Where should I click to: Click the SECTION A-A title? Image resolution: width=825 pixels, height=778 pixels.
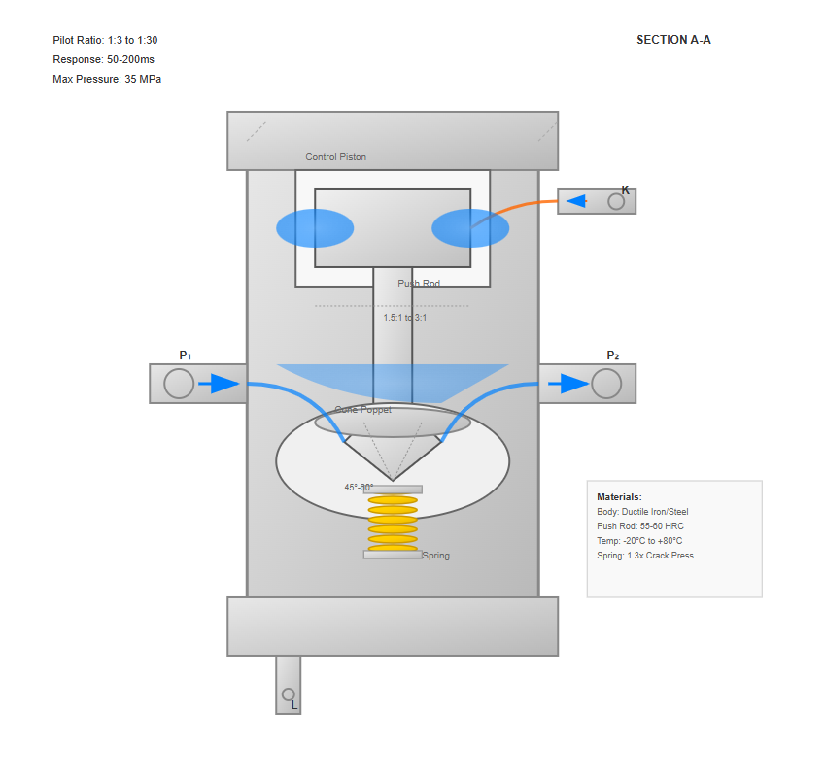click(673, 40)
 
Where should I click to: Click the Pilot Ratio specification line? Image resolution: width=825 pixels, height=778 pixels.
click(105, 40)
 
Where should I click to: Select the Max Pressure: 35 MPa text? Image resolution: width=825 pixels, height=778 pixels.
click(107, 79)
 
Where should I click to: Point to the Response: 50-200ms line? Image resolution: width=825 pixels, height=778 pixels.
click(103, 59)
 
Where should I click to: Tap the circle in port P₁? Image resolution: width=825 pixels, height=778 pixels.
click(179, 384)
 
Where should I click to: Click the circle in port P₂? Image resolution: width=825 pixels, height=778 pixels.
click(606, 384)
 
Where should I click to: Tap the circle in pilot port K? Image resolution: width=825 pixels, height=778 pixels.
click(616, 201)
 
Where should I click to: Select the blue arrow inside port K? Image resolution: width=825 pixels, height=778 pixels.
click(576, 201)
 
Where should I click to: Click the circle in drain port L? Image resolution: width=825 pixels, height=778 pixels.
click(288, 694)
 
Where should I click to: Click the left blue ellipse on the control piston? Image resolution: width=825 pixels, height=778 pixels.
click(315, 228)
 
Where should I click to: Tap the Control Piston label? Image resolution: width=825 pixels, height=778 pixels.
click(336, 157)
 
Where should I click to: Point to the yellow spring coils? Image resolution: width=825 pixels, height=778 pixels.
click(393, 524)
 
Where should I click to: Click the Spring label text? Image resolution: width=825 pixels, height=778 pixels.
click(436, 556)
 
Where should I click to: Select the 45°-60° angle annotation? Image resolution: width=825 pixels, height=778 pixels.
click(359, 488)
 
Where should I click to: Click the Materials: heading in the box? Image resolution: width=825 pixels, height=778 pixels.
click(619, 496)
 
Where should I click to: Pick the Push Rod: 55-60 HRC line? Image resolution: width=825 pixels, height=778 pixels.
click(640, 526)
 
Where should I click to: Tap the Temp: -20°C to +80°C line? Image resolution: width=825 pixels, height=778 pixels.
click(639, 541)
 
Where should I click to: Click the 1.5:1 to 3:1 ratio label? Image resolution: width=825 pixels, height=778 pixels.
click(405, 318)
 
